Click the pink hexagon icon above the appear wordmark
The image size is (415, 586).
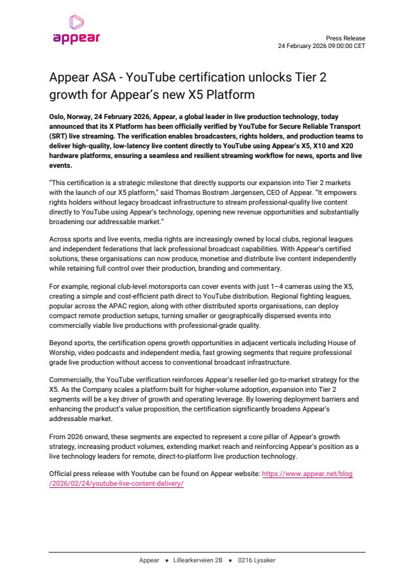pyautogui.click(x=77, y=22)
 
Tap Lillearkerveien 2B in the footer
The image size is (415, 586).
pyautogui.click(x=196, y=560)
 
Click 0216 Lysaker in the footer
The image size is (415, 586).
pyautogui.click(x=256, y=560)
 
